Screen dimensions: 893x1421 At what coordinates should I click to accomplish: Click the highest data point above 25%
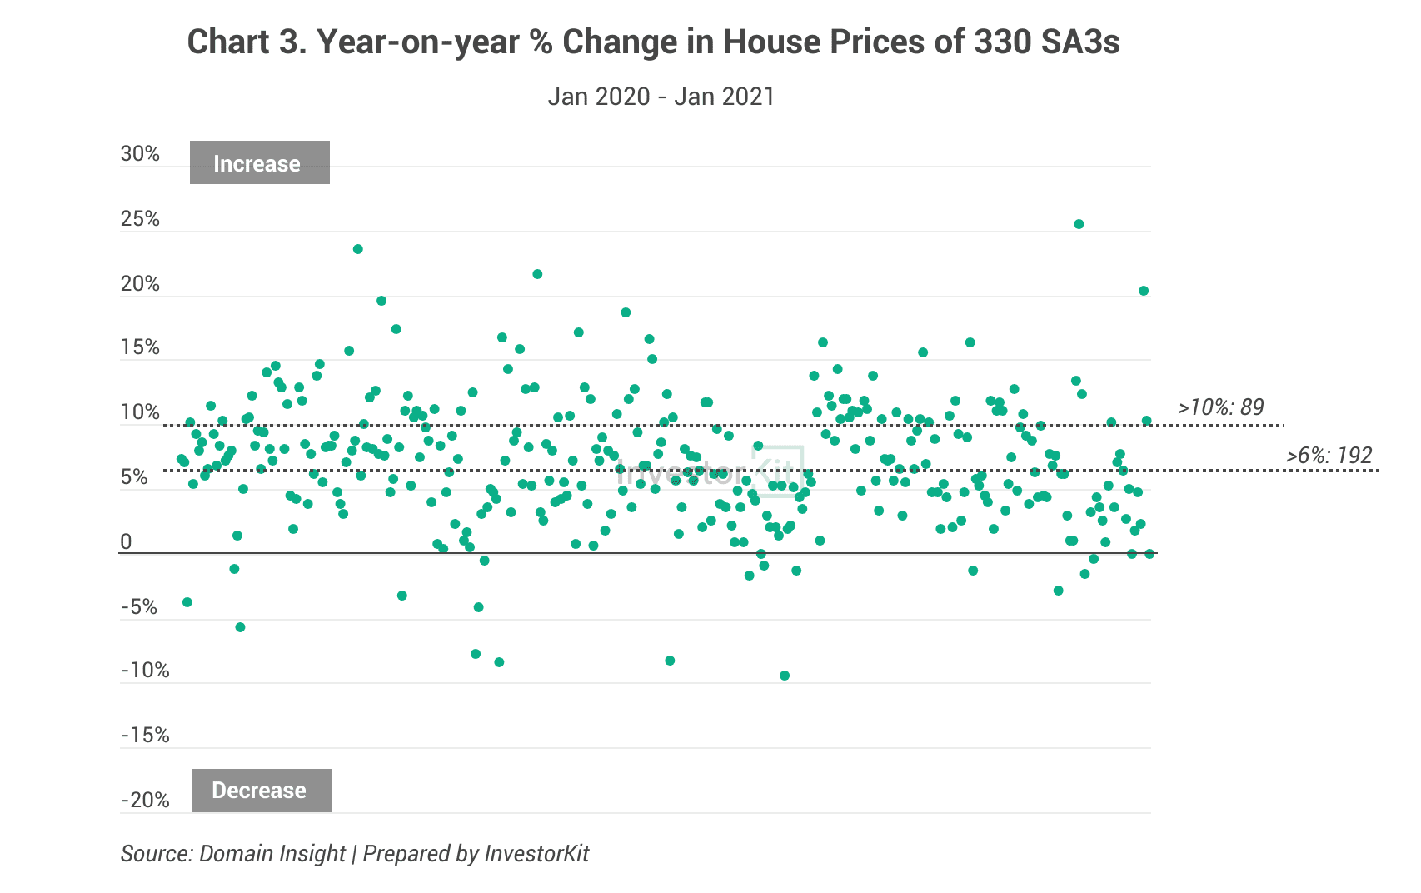(1079, 224)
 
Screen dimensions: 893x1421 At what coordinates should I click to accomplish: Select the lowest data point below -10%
(785, 676)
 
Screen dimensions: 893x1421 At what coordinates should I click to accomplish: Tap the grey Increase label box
(259, 163)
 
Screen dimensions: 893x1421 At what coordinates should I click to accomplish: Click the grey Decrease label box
(261, 791)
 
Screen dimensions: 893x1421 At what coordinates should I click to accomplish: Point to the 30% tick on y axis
(140, 153)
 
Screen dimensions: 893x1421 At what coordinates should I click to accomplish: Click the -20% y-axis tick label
(145, 801)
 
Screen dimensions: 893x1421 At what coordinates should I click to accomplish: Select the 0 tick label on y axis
(126, 542)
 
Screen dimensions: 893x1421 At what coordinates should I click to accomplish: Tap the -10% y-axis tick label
(145, 671)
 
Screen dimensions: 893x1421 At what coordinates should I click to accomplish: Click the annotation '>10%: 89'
(1220, 407)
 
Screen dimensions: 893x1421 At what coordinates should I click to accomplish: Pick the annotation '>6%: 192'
(1329, 456)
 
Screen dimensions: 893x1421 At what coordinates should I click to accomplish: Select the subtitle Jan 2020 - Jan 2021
(661, 97)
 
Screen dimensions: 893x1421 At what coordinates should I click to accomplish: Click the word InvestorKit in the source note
(536, 854)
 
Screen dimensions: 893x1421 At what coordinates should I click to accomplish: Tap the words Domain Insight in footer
(272, 854)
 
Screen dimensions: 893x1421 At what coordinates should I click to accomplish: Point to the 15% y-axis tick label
(140, 347)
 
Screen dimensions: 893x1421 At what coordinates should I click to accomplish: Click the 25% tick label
(140, 218)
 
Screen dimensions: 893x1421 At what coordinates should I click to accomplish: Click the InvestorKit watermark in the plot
(708, 472)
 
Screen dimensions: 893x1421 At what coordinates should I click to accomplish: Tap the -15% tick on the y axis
(145, 736)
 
